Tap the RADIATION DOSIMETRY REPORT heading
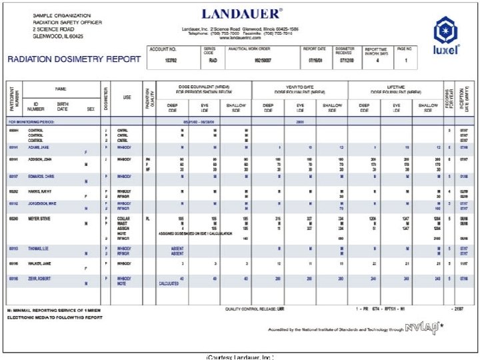pyautogui.click(x=74, y=59)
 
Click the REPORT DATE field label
pyautogui.click(x=315, y=49)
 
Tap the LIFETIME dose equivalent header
pyautogui.click(x=396, y=88)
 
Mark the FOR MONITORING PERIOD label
pyautogui.click(x=31, y=122)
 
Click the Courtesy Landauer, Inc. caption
pyautogui.click(x=240, y=357)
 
